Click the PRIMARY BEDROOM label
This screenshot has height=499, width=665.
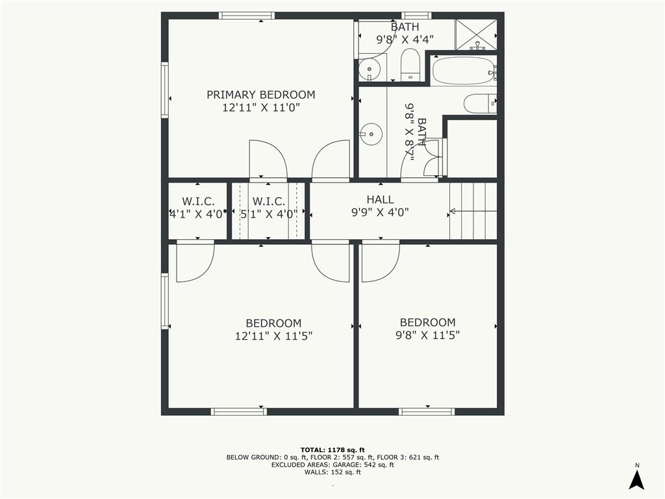(261, 95)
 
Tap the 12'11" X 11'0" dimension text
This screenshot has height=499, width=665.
(261, 108)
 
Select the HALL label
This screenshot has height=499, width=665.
(380, 199)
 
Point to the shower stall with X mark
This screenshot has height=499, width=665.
(475, 34)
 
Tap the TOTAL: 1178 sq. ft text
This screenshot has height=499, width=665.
(332, 450)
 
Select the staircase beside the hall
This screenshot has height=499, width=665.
(473, 211)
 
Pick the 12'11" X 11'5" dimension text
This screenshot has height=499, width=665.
(273, 337)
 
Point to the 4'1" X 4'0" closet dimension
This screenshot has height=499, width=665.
(197, 214)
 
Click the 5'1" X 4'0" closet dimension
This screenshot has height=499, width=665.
(268, 214)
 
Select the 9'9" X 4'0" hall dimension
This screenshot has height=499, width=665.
(380, 212)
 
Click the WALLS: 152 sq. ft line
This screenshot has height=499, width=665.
(332, 472)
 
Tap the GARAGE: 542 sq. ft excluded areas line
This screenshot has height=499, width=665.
(332, 465)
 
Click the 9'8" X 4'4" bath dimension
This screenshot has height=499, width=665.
(405, 40)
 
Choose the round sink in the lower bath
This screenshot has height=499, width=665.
(371, 134)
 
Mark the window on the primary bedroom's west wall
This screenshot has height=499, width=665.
(164, 90)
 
